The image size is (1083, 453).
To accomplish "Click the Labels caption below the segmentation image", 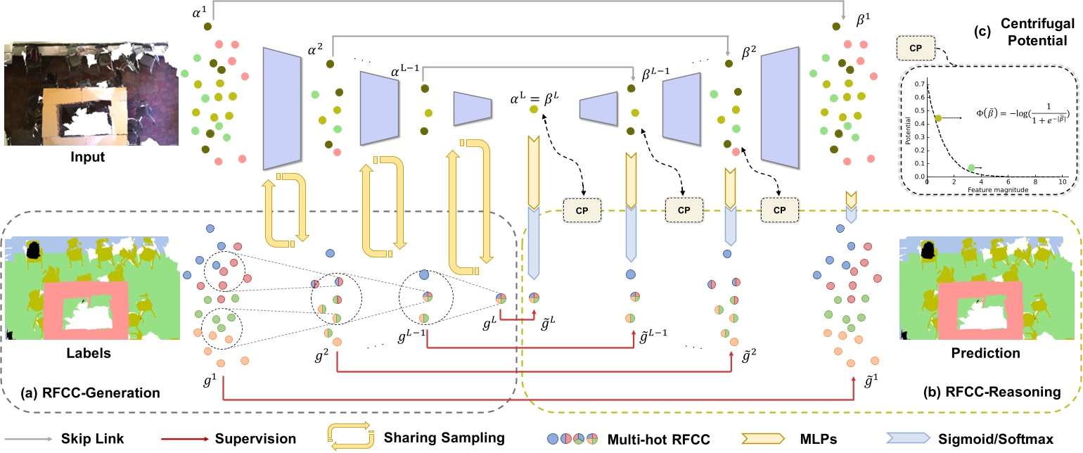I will point(55,354).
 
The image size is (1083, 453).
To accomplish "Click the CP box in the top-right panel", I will point(916,49).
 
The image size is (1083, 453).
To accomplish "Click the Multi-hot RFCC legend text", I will point(665,438).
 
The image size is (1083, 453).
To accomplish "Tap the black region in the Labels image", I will point(34,250).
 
